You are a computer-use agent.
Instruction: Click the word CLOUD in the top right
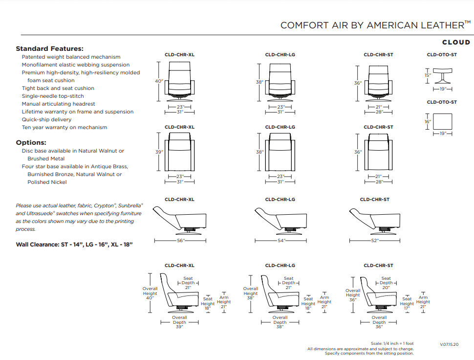456,43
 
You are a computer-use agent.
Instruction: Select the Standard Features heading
49,48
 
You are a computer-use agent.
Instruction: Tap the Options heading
31,142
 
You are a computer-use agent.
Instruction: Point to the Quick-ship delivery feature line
46,119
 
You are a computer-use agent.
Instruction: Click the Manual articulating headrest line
58,104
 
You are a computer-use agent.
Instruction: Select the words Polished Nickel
47,182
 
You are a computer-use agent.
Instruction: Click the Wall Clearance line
74,244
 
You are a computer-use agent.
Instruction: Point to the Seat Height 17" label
407,304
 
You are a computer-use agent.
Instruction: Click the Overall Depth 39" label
179,322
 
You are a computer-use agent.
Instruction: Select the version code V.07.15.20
449,344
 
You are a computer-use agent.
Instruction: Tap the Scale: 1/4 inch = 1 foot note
392,343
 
